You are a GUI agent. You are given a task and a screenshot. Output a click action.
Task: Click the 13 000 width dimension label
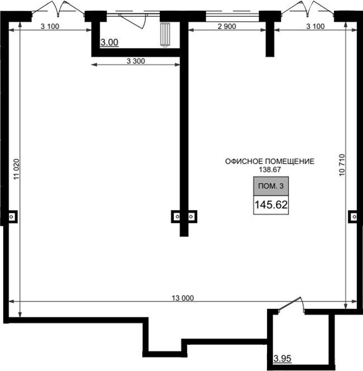click(x=183, y=298)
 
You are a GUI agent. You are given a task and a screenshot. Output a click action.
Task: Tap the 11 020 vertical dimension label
click(x=17, y=169)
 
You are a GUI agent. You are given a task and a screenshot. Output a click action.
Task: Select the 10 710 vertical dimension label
click(x=342, y=165)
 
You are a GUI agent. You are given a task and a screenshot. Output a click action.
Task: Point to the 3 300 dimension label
click(x=136, y=61)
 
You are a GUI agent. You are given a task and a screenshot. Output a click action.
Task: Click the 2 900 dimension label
click(x=227, y=26)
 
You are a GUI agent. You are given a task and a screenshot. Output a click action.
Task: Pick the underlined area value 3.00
click(x=109, y=42)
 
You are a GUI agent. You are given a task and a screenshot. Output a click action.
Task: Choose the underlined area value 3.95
click(x=283, y=359)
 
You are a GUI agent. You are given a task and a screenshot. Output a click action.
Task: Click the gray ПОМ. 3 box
click(x=271, y=186)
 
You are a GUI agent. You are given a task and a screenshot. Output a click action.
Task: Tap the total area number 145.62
click(x=271, y=204)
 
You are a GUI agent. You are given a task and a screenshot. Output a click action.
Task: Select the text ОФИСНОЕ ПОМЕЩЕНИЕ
click(x=270, y=161)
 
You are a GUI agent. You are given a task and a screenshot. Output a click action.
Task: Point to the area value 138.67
click(x=270, y=170)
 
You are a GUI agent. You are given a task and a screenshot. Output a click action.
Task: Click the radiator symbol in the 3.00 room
click(x=165, y=35)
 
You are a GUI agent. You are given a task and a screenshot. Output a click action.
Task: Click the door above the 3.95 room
click(x=292, y=305)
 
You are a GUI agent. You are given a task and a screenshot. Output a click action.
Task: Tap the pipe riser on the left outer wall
click(x=11, y=216)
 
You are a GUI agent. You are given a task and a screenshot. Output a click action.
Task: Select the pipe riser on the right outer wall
click(x=354, y=216)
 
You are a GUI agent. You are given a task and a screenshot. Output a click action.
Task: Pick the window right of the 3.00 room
click(x=232, y=15)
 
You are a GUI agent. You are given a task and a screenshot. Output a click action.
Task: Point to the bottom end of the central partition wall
click(x=184, y=236)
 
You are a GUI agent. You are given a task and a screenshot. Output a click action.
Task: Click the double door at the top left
click(x=58, y=9)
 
